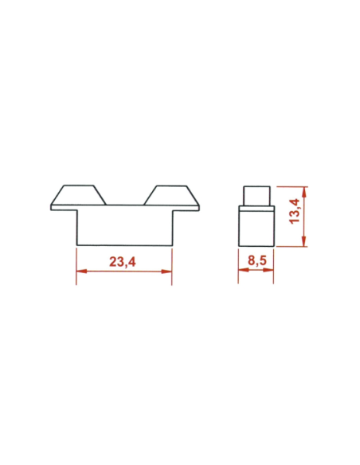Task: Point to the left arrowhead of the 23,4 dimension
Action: (80, 272)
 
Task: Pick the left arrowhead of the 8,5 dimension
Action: (242, 272)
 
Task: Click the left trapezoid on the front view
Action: (81, 195)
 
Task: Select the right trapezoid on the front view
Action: (170, 195)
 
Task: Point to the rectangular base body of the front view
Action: (124, 227)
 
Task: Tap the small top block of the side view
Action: (256, 196)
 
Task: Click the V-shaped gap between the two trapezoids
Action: (126, 199)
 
